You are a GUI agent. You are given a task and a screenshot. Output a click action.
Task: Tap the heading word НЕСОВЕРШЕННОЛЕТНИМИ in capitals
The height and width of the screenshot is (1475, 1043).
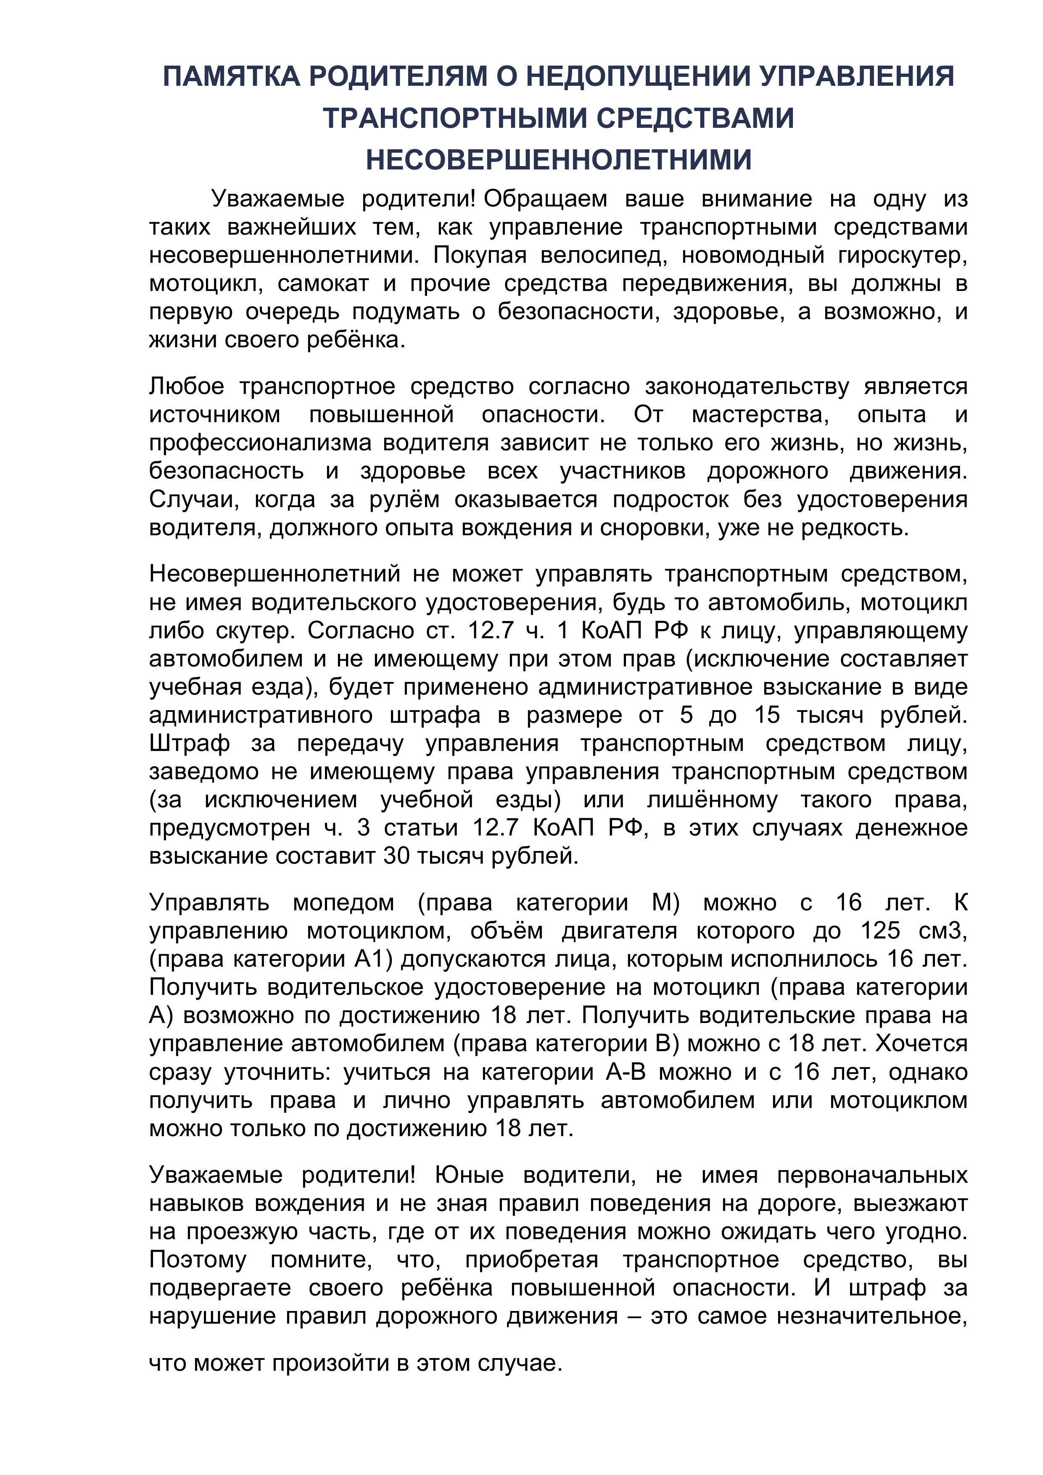(559, 160)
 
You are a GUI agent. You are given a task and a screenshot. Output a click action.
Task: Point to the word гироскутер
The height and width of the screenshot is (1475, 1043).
(902, 256)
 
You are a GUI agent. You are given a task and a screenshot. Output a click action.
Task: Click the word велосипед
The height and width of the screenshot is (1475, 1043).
(601, 256)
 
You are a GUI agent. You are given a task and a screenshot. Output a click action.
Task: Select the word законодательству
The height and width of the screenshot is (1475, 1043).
(747, 387)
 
